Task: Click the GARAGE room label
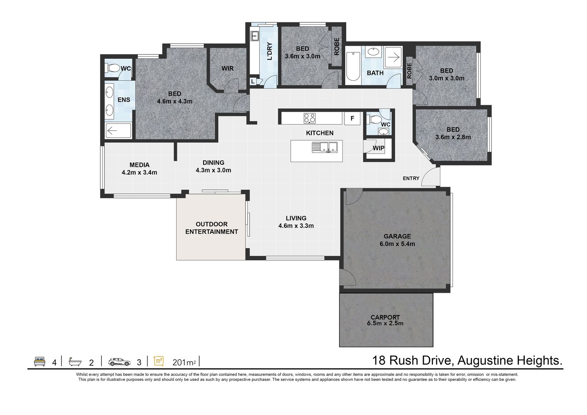(397, 236)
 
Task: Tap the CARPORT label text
(385, 317)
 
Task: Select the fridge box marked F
(352, 119)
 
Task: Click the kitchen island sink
(324, 147)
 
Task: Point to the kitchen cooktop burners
(309, 118)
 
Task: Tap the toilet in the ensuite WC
(112, 68)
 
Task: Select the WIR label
(227, 68)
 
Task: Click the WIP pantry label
(379, 148)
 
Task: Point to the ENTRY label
(411, 178)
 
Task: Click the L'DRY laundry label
(269, 51)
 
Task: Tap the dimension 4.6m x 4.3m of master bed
(174, 101)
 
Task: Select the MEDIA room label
(139, 165)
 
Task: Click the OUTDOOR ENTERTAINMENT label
(212, 228)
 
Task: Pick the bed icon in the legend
(40, 362)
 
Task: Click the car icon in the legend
(119, 362)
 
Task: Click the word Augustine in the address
(484, 360)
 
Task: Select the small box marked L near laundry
(253, 81)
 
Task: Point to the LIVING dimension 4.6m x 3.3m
(296, 226)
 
